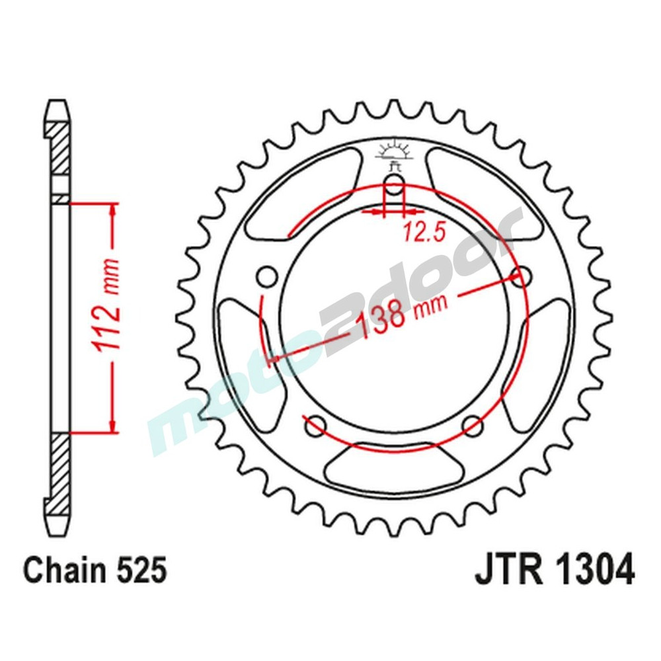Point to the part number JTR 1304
point(554,570)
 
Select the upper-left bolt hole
point(267,276)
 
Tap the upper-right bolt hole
point(522,276)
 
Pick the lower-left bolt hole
point(315,424)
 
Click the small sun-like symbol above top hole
point(394,151)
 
